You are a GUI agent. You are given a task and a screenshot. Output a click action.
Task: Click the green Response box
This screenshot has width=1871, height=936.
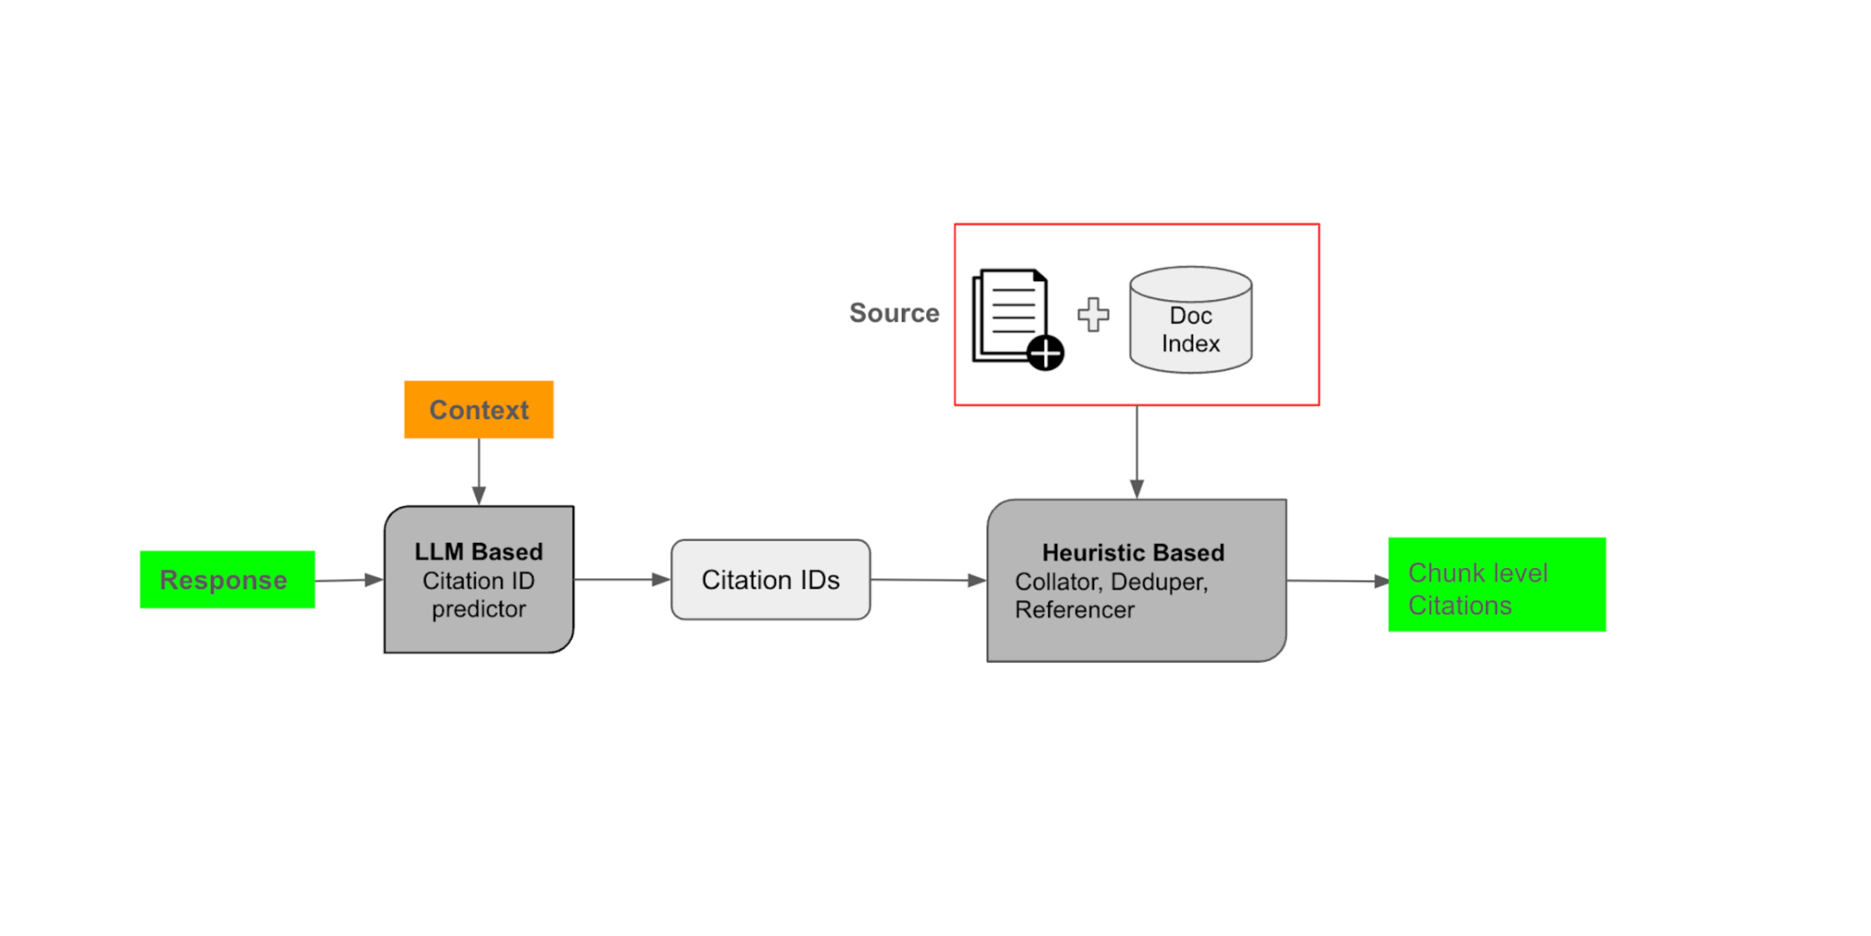click(x=227, y=579)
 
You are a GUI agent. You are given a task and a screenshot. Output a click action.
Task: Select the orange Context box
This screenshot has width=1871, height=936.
click(x=479, y=409)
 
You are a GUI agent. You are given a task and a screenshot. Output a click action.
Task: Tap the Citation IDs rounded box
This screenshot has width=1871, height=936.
click(x=770, y=579)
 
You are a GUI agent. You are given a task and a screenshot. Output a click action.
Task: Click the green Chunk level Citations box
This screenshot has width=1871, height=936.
click(x=1496, y=584)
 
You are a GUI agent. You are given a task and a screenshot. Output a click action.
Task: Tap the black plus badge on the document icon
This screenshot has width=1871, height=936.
click(x=1046, y=353)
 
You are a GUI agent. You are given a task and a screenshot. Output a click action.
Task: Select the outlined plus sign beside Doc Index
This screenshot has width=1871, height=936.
click(x=1093, y=315)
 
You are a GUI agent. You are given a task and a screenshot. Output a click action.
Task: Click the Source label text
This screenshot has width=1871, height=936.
click(x=894, y=313)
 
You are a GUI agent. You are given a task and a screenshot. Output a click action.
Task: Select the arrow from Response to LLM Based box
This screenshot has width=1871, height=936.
click(x=349, y=580)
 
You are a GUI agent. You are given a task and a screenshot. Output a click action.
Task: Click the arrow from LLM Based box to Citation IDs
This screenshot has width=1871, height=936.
click(x=622, y=579)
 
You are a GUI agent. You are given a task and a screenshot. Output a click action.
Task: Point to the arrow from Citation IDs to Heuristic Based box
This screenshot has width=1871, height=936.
click(x=928, y=580)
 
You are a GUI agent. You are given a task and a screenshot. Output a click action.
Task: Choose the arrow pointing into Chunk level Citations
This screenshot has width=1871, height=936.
click(x=1337, y=581)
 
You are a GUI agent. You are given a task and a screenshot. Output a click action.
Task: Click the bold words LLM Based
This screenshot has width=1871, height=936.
click(x=479, y=552)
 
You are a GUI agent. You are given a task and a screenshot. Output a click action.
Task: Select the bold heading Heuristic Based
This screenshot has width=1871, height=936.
click(x=1133, y=552)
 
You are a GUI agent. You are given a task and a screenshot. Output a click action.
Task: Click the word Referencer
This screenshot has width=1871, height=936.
click(x=1075, y=610)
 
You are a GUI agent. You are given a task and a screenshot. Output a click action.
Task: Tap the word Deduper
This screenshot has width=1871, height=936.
click(x=1158, y=581)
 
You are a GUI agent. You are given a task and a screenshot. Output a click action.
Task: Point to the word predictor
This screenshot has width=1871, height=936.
click(x=479, y=609)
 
